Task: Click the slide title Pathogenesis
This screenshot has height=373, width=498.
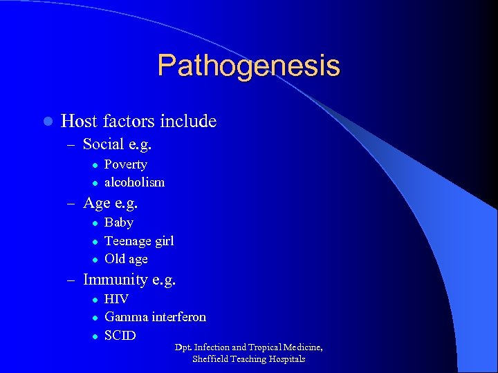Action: click(248, 66)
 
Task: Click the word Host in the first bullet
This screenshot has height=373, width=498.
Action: click(79, 122)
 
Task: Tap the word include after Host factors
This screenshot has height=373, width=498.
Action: click(188, 122)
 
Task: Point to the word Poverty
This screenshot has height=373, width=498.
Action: click(125, 164)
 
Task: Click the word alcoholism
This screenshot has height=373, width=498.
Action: click(134, 182)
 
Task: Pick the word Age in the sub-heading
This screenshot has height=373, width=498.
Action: click(96, 203)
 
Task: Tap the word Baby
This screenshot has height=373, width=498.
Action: click(118, 222)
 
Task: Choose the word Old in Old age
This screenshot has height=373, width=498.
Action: click(114, 259)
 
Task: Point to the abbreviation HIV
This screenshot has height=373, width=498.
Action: click(116, 299)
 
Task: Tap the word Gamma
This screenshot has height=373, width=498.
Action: click(125, 317)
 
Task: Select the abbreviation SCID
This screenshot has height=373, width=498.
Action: click(120, 336)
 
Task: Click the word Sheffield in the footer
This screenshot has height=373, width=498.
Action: click(211, 359)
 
